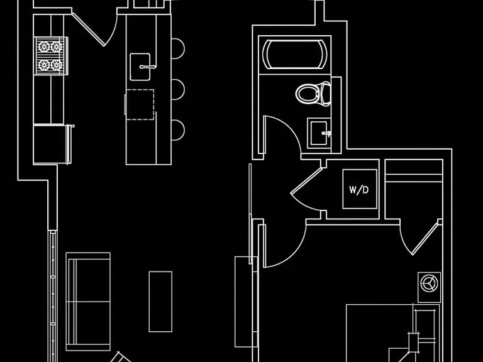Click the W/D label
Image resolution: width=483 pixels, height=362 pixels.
[359, 190]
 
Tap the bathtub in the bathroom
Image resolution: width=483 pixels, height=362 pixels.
[295, 55]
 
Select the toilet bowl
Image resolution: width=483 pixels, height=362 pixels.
[307, 94]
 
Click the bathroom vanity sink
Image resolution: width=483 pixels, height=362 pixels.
[319, 133]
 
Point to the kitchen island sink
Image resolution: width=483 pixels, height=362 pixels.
[140, 67]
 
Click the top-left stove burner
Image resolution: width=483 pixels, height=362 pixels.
[44, 47]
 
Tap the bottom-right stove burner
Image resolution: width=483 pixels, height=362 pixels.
[57, 65]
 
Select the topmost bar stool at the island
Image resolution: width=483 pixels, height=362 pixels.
[178, 48]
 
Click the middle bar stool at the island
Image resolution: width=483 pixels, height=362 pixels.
[178, 90]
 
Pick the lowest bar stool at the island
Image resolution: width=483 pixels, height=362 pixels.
[178, 130]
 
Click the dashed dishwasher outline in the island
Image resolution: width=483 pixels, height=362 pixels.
[140, 105]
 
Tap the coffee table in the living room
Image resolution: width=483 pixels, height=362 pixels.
[160, 302]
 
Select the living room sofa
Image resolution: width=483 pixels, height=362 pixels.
[88, 302]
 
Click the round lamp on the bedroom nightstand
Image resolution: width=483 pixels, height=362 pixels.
[429, 283]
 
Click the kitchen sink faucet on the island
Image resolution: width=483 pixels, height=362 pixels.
[148, 67]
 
